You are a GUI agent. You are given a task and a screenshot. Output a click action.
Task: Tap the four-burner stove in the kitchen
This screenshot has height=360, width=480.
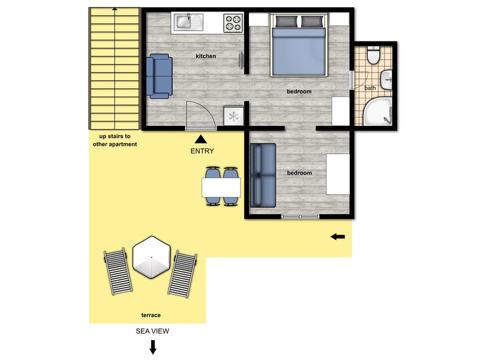tap(233, 23)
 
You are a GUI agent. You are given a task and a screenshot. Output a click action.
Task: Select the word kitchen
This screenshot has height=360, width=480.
tap(206, 56)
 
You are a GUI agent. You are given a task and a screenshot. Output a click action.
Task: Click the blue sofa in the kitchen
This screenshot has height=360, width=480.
tap(159, 76)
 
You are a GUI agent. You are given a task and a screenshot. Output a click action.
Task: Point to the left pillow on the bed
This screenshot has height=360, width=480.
tap(287, 21)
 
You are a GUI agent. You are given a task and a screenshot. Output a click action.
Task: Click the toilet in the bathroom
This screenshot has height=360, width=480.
tap(373, 55)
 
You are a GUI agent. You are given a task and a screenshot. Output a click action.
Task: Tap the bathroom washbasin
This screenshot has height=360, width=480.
tap(386, 80)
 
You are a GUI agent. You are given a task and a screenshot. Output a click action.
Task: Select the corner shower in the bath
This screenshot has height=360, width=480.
tap(378, 112)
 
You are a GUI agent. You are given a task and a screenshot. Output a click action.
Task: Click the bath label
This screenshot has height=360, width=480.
tap(370, 88)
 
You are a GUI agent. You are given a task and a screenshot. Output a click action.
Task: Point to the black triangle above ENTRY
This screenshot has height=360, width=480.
tap(201, 139)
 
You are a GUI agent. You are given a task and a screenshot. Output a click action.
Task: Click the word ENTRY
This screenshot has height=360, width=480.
tap(202, 151)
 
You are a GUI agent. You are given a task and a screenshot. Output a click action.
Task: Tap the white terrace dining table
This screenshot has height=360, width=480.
tap(221, 187)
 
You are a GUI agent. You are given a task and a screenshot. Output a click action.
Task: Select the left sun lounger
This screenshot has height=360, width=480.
tap(118, 271)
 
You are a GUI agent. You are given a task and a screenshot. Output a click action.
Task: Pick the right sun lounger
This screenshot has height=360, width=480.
tap(182, 274)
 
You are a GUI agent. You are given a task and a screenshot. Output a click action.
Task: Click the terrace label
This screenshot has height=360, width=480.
tap(151, 315)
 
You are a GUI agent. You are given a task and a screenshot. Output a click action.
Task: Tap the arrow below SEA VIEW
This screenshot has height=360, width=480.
tap(153, 347)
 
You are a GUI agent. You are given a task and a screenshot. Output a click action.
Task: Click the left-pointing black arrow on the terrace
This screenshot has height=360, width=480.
tap(338, 236)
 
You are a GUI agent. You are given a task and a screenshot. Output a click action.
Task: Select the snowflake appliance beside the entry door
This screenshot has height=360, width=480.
tap(233, 116)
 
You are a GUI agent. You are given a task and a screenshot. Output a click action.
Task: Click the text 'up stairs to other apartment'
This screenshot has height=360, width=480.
tap(115, 140)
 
